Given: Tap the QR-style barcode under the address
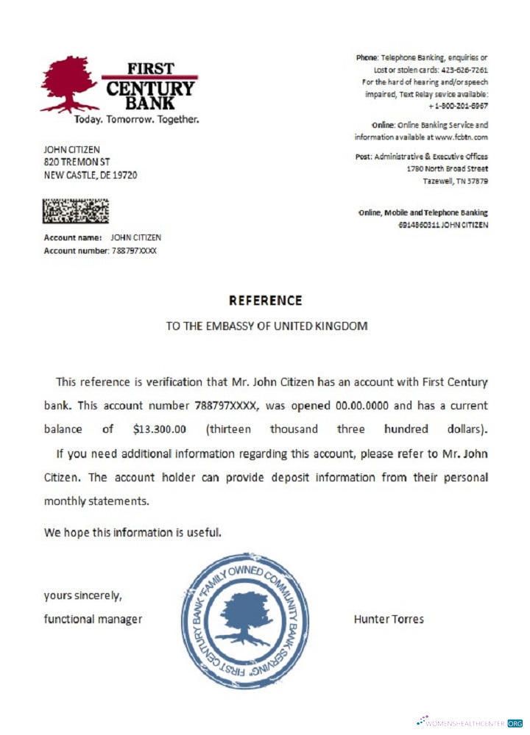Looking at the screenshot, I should pyautogui.click(x=76, y=211).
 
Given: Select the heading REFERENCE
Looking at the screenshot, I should pyautogui.click(x=265, y=301).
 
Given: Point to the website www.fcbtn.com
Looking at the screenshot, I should pyautogui.click(x=461, y=137).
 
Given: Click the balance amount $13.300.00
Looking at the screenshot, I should pyautogui.click(x=160, y=429).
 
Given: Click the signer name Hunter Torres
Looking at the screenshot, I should pyautogui.click(x=389, y=619).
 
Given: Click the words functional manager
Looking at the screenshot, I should pyautogui.click(x=93, y=619).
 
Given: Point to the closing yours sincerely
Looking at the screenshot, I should pyautogui.click(x=82, y=595).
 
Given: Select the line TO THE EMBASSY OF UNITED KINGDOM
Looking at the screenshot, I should pyautogui.click(x=266, y=326).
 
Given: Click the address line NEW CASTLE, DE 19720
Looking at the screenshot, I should pyautogui.click(x=91, y=175).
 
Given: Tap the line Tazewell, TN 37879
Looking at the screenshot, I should pyautogui.click(x=455, y=181).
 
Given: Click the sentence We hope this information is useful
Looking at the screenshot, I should pyautogui.click(x=132, y=531).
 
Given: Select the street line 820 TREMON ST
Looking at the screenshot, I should pyautogui.click(x=77, y=162).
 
